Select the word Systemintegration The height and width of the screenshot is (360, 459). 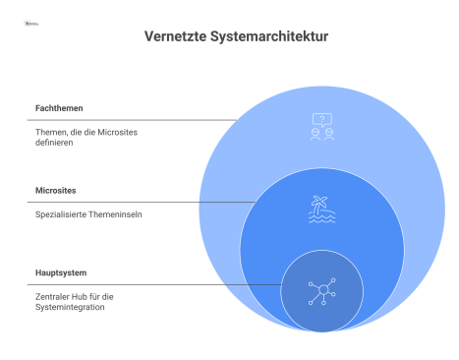tap(65, 307)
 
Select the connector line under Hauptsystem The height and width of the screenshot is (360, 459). tap(147, 284)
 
